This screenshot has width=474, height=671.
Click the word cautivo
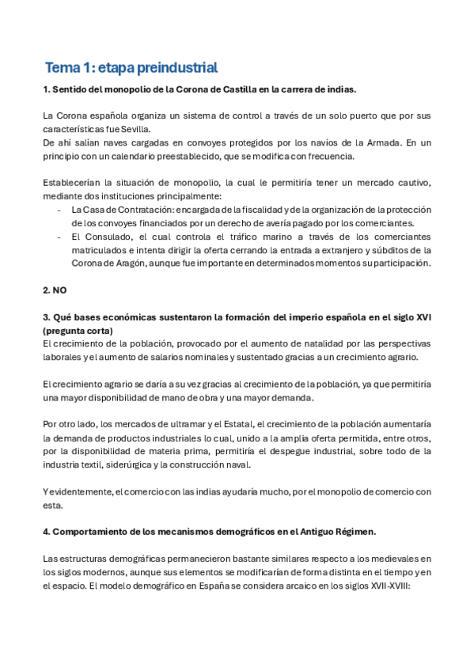click(x=412, y=183)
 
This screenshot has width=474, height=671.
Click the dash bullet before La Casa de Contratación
click(x=59, y=210)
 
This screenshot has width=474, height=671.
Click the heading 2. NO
click(x=56, y=290)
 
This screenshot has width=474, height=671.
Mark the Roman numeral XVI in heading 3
click(x=423, y=317)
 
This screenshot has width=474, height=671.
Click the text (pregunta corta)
click(x=78, y=331)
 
